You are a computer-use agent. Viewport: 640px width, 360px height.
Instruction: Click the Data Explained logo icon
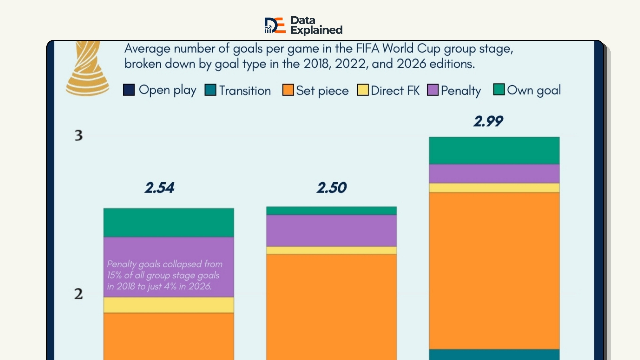pyautogui.click(x=275, y=25)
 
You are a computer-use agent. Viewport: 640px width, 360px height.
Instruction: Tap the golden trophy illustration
pyautogui.click(x=87, y=68)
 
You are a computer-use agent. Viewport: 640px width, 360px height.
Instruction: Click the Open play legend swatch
pyautogui.click(x=129, y=90)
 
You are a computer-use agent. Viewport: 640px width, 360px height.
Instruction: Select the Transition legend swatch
pyautogui.click(x=210, y=90)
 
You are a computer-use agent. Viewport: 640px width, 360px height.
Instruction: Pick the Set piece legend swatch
pyautogui.click(x=288, y=90)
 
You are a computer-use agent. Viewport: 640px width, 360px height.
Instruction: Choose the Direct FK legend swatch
pyautogui.click(x=363, y=90)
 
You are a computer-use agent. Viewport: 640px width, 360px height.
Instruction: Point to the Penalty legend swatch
pyautogui.click(x=433, y=90)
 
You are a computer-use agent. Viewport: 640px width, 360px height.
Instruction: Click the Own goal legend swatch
pyautogui.click(x=499, y=89)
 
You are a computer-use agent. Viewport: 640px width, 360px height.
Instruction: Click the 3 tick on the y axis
pyautogui.click(x=79, y=135)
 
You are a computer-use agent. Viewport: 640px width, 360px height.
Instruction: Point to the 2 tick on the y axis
pyautogui.click(x=79, y=294)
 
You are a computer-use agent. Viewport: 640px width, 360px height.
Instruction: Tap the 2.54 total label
pyautogui.click(x=159, y=188)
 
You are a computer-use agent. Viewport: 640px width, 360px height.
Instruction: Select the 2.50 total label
pyautogui.click(x=332, y=188)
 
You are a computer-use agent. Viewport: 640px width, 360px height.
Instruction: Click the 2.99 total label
pyautogui.click(x=488, y=121)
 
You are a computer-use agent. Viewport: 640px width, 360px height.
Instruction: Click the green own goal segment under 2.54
pyautogui.click(x=169, y=223)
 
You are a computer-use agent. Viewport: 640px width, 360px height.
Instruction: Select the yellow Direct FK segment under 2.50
pyautogui.click(x=331, y=250)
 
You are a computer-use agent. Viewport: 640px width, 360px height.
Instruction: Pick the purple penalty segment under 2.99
pyautogui.click(x=494, y=174)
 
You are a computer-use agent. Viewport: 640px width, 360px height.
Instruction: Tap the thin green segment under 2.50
pyautogui.click(x=331, y=211)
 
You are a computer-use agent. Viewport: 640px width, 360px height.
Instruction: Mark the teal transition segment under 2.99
pyautogui.click(x=494, y=355)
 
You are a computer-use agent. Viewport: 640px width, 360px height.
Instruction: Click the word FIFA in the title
pyautogui.click(x=367, y=49)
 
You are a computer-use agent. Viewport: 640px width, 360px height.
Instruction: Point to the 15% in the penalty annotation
pyautogui.click(x=114, y=275)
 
